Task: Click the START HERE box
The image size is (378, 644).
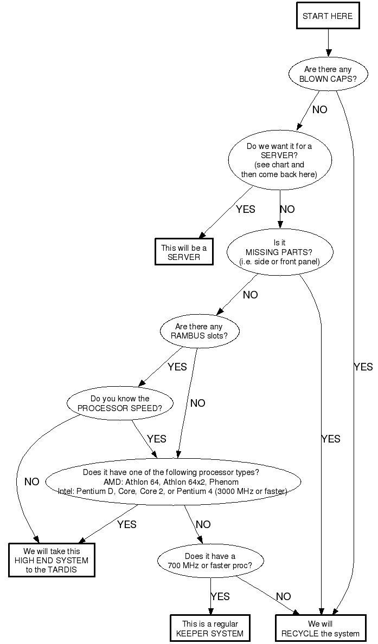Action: [328, 16]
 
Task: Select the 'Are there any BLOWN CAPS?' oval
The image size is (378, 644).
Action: [328, 74]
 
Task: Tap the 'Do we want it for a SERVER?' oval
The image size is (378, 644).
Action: [279, 160]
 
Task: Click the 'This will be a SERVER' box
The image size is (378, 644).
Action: [184, 252]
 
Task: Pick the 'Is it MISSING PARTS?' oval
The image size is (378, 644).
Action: [279, 252]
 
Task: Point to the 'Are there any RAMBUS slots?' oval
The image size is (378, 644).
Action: [199, 331]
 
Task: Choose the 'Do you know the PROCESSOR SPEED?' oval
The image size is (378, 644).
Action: [120, 403]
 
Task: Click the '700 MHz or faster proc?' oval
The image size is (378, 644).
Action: [210, 561]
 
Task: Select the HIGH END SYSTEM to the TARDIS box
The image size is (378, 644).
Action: [52, 561]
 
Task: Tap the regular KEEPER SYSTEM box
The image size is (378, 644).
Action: [209, 628]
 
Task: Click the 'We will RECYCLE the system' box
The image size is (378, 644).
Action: [320, 628]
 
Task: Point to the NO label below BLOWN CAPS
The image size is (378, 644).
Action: [319, 109]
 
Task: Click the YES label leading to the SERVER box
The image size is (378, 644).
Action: [245, 209]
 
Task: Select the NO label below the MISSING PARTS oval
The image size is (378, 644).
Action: [250, 295]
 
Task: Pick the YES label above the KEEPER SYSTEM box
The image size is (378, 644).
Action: [220, 596]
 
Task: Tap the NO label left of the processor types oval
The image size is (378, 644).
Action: [32, 482]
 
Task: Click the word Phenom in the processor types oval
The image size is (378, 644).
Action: [224, 482]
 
